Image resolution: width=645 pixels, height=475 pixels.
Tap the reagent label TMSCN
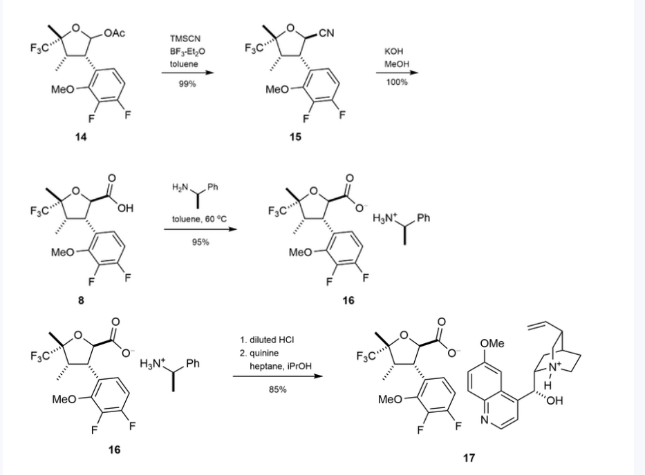pyautogui.click(x=183, y=39)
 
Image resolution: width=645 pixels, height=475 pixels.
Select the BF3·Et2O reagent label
pyautogui.click(x=183, y=51)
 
